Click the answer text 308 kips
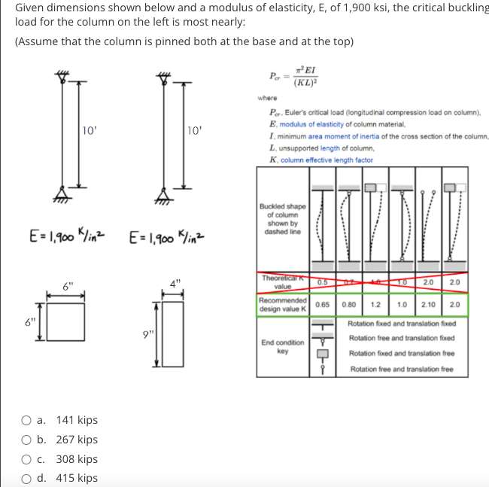[x=77, y=459]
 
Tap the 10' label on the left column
[x=89, y=130]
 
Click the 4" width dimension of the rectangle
[x=174, y=284]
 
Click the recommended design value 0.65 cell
[x=323, y=306]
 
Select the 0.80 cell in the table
[x=348, y=306]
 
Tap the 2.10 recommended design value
[x=429, y=306]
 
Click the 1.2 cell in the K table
[x=374, y=306]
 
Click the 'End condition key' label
[x=283, y=346]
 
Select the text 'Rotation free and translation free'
[x=402, y=370]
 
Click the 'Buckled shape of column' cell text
[x=282, y=219]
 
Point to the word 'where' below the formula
[x=267, y=98]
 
